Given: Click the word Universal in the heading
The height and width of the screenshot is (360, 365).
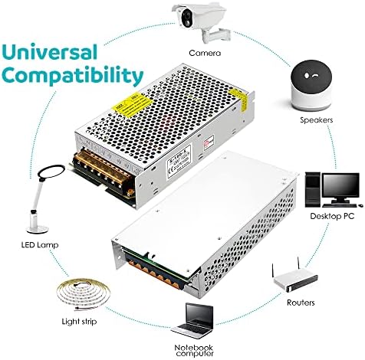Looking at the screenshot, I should pyautogui.click(x=54, y=53).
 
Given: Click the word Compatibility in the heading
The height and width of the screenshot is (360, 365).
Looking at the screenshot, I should pyautogui.click(x=72, y=76).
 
